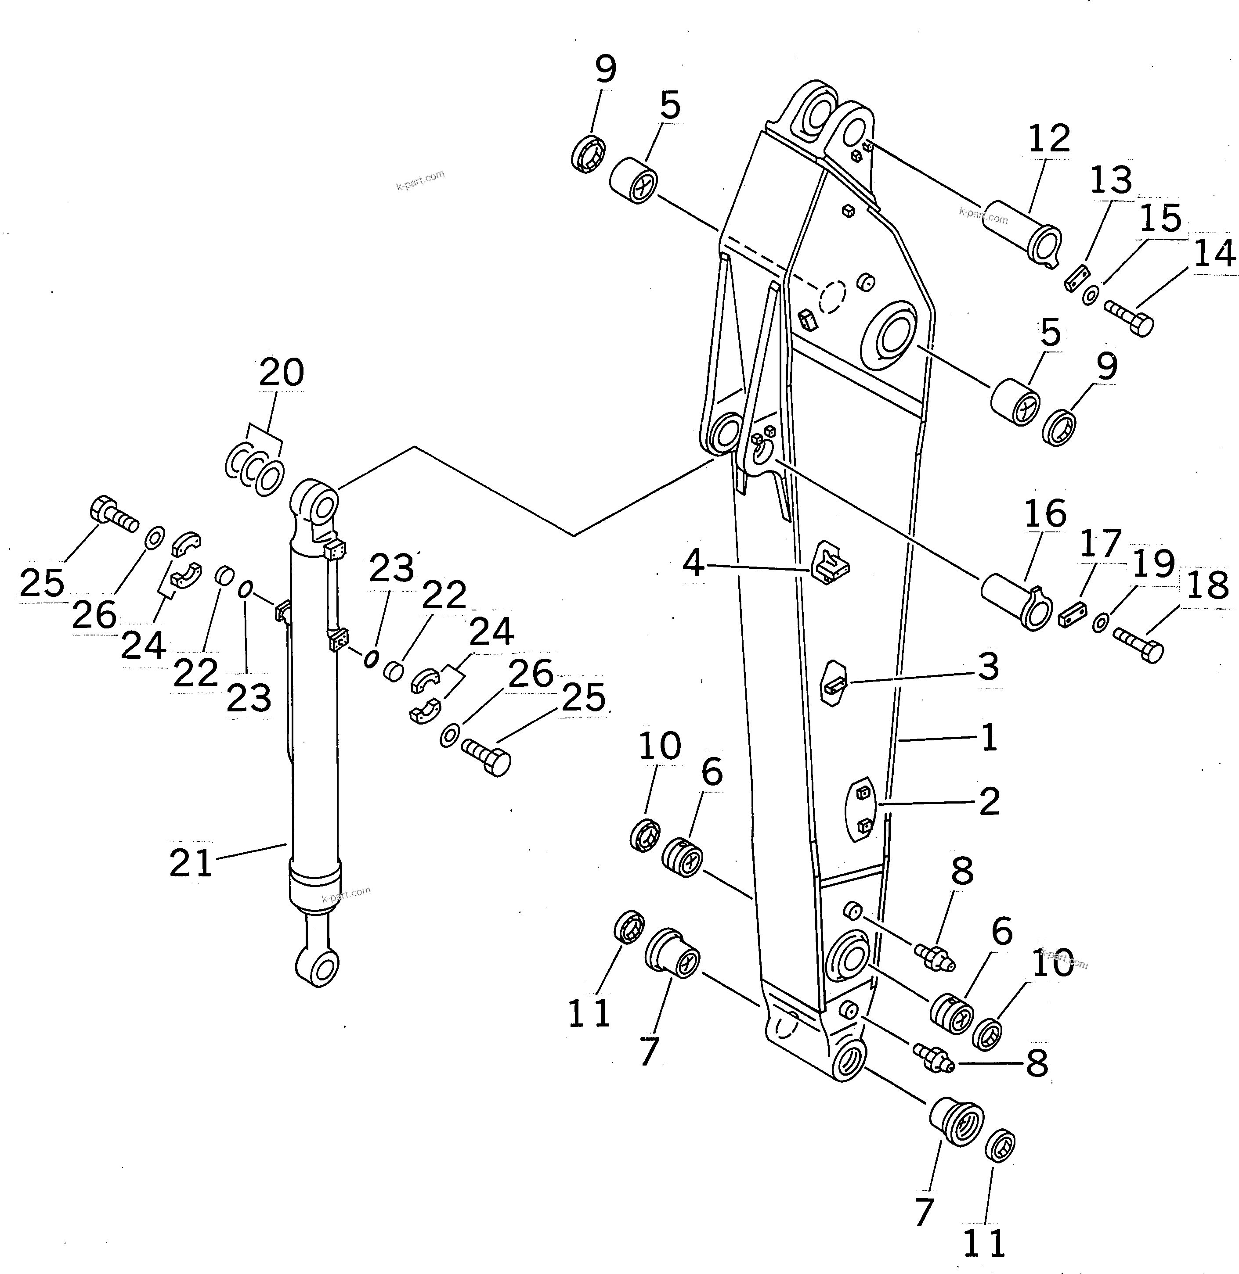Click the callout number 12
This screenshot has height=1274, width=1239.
[1049, 139]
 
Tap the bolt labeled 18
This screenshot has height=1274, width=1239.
[1139, 643]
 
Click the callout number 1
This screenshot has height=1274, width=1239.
[989, 738]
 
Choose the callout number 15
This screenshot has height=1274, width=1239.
[1161, 219]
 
